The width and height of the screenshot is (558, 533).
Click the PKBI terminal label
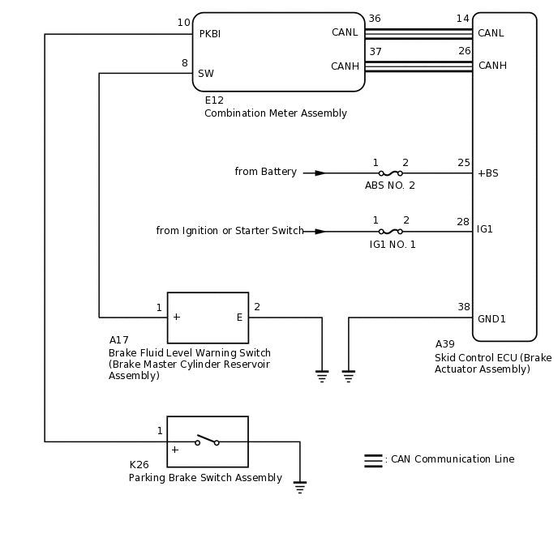209,34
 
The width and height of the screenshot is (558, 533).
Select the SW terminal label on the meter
206,74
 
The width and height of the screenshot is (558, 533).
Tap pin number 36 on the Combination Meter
375,19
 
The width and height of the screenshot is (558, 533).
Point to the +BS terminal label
487,173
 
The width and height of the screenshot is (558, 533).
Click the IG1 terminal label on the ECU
485,230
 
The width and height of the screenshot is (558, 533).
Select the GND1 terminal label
491,319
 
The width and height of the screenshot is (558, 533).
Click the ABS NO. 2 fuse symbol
390,173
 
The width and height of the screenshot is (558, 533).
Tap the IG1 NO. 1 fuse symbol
390,232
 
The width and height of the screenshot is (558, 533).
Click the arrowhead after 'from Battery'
320,173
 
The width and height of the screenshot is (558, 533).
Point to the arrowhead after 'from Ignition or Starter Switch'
320,232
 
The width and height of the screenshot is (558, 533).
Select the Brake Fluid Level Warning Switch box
208,318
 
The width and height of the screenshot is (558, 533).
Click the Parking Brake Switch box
208,441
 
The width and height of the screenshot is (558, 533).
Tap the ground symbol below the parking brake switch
300,487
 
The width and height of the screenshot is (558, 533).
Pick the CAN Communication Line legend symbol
373,460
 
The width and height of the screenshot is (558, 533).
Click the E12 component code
214,100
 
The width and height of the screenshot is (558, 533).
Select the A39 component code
444,344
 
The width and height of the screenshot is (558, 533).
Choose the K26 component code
139,465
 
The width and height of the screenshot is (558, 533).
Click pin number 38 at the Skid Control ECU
463,307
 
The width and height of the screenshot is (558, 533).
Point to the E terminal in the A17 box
239,318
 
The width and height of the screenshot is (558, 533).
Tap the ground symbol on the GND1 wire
349,376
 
